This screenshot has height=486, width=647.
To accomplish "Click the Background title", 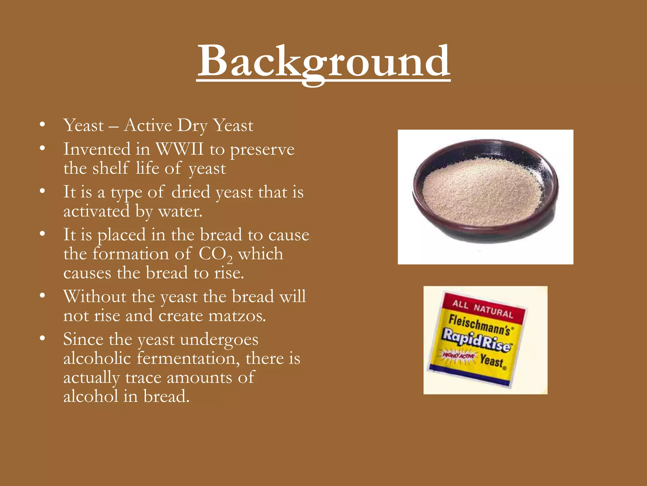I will pyautogui.click(x=323, y=62).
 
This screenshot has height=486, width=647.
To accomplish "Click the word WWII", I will pyautogui.click(x=180, y=149).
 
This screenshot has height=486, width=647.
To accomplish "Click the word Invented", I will pyautogui.click(x=97, y=149).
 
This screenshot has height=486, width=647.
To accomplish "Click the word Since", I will pyautogui.click(x=83, y=340).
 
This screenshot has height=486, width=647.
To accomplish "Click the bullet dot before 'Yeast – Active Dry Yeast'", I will pyautogui.click(x=42, y=124).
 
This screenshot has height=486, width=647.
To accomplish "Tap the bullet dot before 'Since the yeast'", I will pyautogui.click(x=42, y=338).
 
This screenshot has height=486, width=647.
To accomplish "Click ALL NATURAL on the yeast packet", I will pyautogui.click(x=482, y=309).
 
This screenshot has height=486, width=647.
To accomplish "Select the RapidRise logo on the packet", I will pyautogui.click(x=476, y=340).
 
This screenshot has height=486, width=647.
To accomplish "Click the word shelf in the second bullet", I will pyautogui.click(x=111, y=168).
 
